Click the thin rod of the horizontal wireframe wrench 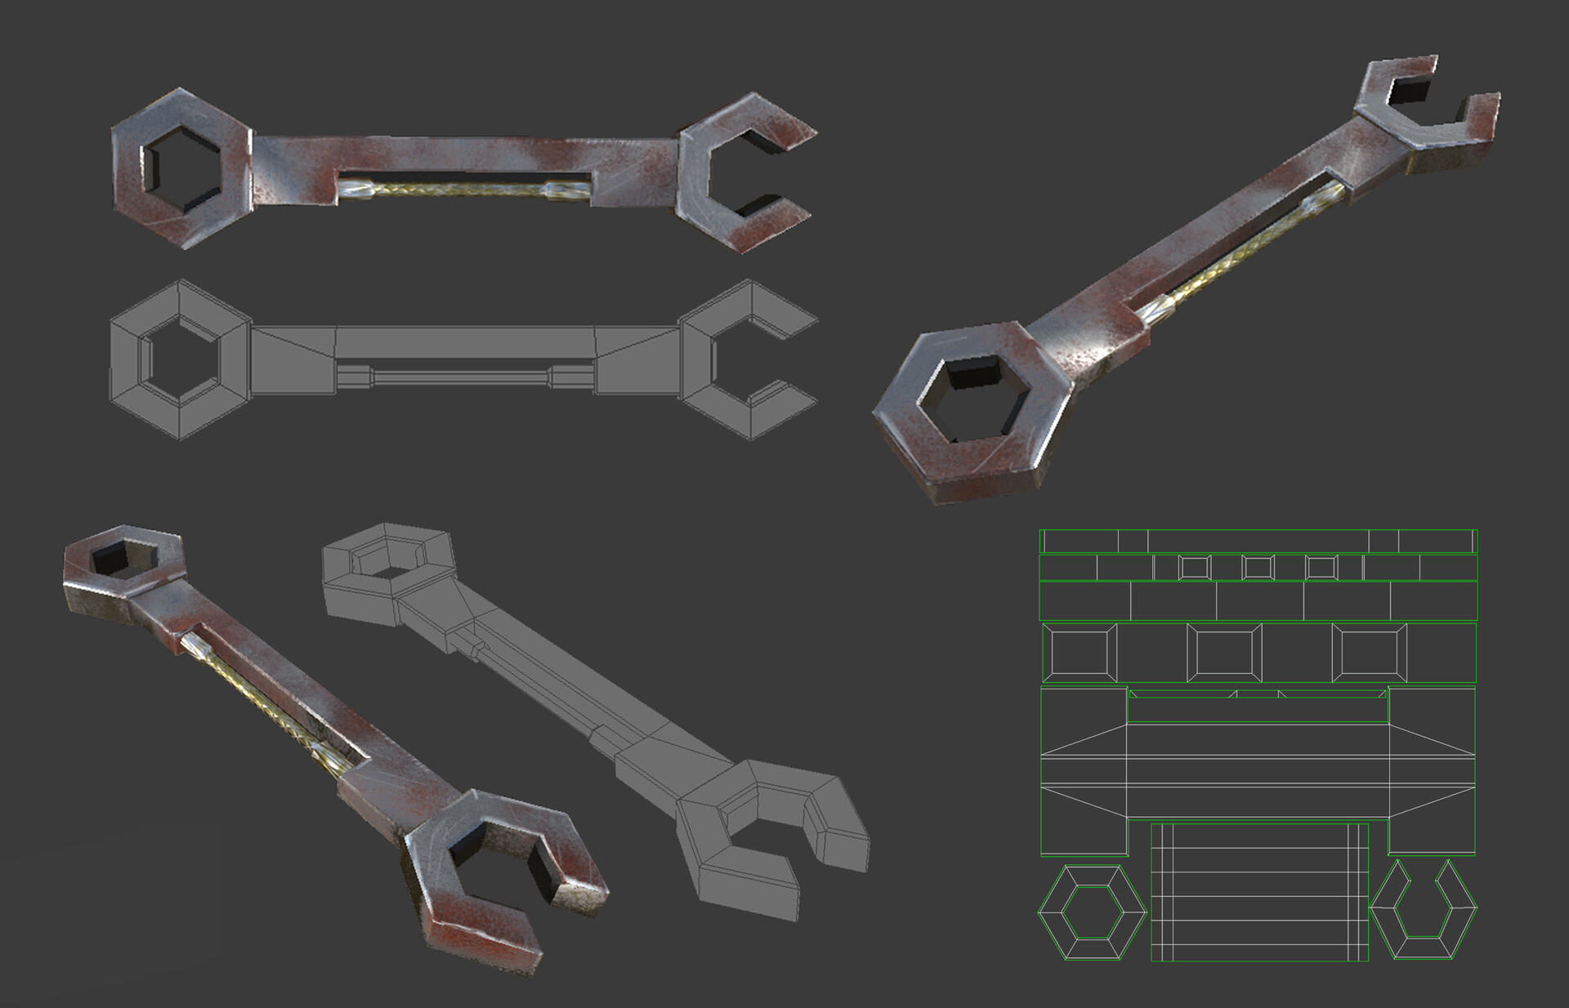(462, 377)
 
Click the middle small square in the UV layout (1257, 567)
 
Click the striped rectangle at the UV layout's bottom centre (1259, 892)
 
